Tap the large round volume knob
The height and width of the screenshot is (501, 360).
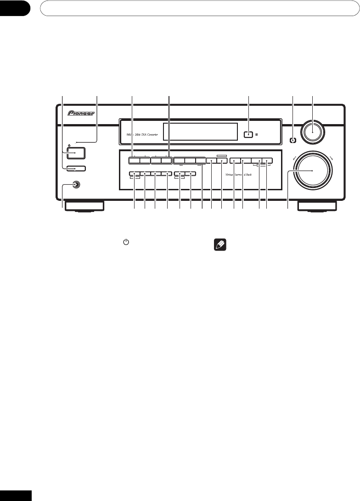(313, 171)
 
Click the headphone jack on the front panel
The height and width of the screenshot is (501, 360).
(74, 185)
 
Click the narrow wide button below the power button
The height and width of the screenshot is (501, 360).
(75, 168)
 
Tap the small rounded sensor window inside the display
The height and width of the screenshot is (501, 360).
(248, 135)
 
